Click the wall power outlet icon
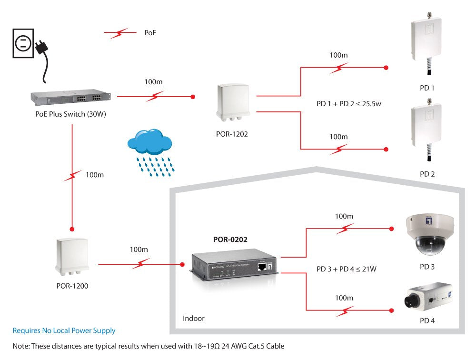pyautogui.click(x=22, y=44)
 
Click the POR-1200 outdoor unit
pyautogui.click(x=71, y=257)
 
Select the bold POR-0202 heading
pyautogui.click(x=230, y=240)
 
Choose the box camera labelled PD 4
pyautogui.click(x=427, y=298)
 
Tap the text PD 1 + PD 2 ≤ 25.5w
pyautogui.click(x=349, y=104)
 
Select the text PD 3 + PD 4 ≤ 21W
pyautogui.click(x=347, y=269)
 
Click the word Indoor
pyautogui.click(x=194, y=318)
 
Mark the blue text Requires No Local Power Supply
pyautogui.click(x=64, y=330)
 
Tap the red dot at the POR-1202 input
pyautogui.click(x=193, y=97)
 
